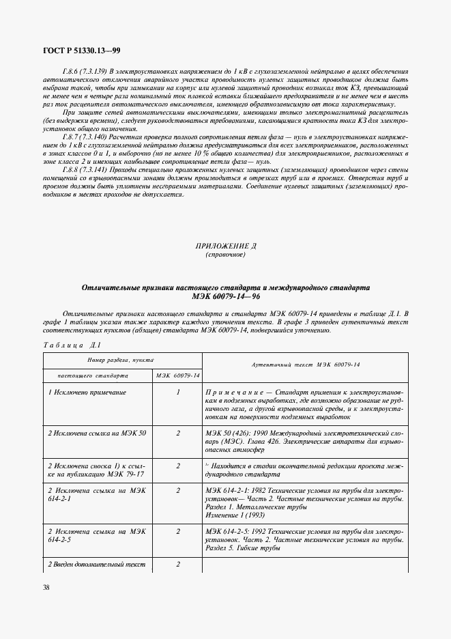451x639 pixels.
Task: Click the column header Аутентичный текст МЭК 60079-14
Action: click(x=306, y=367)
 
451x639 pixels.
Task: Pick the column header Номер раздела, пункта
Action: click(x=120, y=360)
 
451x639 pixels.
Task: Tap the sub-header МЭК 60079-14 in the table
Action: click(x=177, y=375)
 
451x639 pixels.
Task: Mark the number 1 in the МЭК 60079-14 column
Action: click(x=177, y=393)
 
